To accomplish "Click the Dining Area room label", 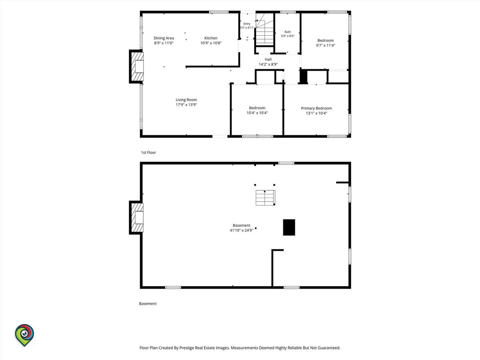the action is tap(164, 38).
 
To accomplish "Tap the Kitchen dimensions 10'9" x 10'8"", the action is tap(211, 43).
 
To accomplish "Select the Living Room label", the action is tap(186, 100).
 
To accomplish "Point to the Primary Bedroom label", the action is tap(316, 108).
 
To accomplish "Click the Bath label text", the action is tap(288, 32).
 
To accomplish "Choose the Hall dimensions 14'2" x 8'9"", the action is tap(268, 64).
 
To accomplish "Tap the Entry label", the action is tap(247, 24).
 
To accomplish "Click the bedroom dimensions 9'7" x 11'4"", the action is tap(325, 46).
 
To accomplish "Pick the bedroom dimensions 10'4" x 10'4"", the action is tap(257, 113).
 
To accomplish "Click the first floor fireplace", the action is tap(136, 66).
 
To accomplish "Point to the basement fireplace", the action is tap(136, 218).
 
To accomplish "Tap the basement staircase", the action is tap(265, 198).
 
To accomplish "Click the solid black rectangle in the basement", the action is tap(289, 227).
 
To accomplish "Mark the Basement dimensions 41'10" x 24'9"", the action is tap(242, 230).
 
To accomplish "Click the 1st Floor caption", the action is tap(148, 152).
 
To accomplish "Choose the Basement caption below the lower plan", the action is tap(148, 304).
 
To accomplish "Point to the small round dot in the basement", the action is tap(256, 228).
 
